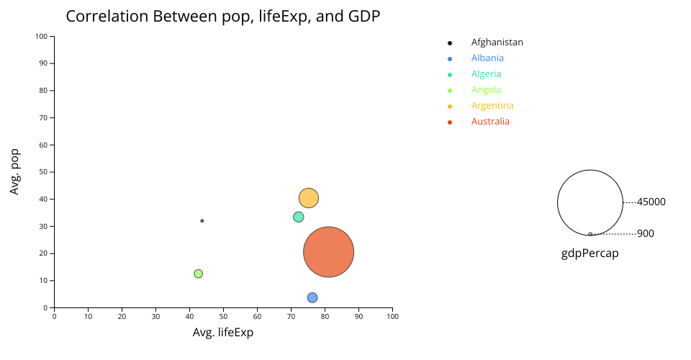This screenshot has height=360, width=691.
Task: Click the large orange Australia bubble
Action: click(328, 252)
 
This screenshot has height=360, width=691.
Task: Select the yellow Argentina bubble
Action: click(308, 197)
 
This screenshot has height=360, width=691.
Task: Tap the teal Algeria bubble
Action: click(298, 217)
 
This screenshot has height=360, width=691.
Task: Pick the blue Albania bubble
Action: click(312, 297)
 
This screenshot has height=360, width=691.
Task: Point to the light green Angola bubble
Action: click(198, 274)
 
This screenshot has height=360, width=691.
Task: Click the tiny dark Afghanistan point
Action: click(202, 220)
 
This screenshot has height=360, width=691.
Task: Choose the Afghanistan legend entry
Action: click(497, 42)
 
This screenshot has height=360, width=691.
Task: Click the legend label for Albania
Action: click(487, 58)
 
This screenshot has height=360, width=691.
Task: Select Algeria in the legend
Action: click(486, 74)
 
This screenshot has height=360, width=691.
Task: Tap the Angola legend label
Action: click(486, 90)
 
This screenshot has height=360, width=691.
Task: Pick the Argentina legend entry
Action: click(492, 106)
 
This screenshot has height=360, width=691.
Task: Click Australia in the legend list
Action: click(490, 122)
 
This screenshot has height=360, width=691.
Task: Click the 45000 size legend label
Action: click(651, 202)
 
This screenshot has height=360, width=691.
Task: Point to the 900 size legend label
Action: click(646, 234)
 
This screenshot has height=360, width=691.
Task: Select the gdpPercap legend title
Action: click(590, 253)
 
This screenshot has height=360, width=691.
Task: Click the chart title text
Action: click(222, 17)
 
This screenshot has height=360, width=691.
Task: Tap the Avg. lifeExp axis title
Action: click(222, 333)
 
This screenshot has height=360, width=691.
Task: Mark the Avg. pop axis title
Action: click(14, 171)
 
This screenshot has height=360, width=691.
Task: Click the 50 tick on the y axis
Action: click(44, 172)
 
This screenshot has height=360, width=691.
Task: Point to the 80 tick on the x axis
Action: click(325, 315)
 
